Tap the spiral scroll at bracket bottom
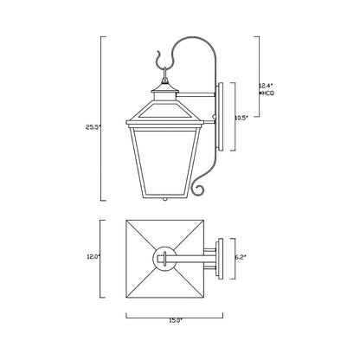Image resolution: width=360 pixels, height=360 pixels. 202,188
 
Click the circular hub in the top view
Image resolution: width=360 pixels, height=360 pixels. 164,257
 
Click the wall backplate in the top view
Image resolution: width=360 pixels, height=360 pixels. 225,257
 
